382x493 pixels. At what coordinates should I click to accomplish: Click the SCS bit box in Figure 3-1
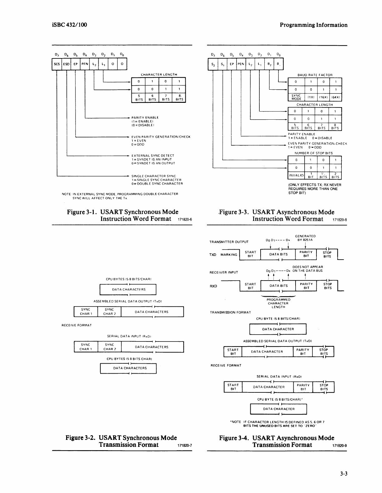[x=57, y=64]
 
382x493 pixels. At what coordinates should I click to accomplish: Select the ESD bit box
[x=66, y=64]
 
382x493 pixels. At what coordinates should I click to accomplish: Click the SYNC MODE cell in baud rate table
[x=296, y=97]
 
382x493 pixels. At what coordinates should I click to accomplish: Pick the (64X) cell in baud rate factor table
[x=335, y=97]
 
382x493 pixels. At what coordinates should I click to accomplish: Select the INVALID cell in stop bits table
[x=296, y=176]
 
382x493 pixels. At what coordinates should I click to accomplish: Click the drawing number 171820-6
[x=184, y=220]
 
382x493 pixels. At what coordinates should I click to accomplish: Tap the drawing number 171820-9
[x=340, y=446]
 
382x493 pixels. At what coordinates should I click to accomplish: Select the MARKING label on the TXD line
[x=229, y=254]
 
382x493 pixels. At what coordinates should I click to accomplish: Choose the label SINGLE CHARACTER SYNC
[x=154, y=176]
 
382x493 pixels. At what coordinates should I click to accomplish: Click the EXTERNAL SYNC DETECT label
[x=153, y=155]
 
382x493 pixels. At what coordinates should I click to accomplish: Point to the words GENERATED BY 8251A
[x=305, y=238]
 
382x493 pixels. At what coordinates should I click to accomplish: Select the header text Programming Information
[x=313, y=25]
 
